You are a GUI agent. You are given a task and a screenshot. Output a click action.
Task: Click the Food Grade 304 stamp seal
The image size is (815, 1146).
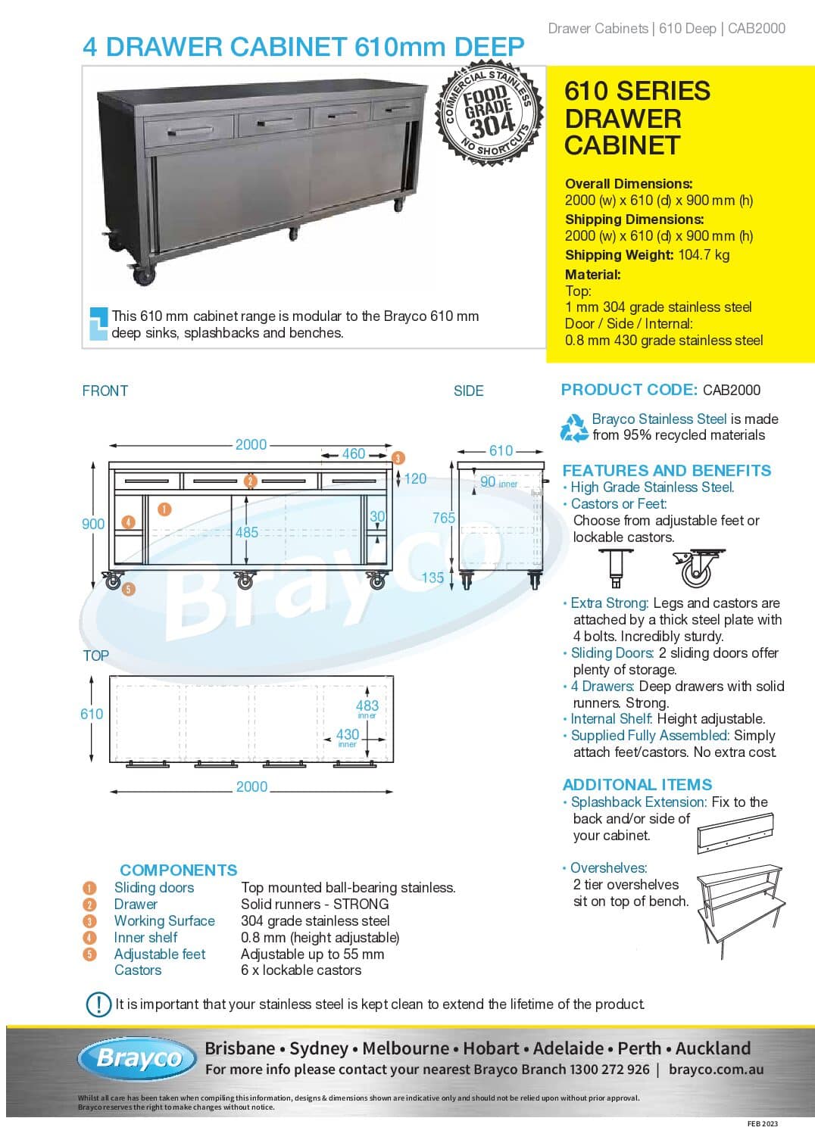(x=489, y=113)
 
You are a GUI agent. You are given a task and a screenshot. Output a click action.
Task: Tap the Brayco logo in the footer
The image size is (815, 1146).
(x=138, y=1057)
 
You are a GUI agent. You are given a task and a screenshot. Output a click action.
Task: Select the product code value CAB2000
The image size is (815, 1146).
(x=731, y=391)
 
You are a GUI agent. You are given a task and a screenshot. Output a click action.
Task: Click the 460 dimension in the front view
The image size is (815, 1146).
(x=353, y=454)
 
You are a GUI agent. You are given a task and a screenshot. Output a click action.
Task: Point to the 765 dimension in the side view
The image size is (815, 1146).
(x=443, y=518)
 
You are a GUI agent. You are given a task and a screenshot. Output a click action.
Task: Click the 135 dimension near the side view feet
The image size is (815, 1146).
(x=432, y=578)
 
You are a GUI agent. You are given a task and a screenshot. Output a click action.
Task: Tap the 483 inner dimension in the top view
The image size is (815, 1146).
(x=367, y=706)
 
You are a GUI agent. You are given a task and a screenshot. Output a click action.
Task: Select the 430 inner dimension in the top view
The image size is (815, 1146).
(x=348, y=734)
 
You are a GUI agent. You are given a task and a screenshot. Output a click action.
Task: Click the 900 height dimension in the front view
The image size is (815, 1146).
(x=93, y=524)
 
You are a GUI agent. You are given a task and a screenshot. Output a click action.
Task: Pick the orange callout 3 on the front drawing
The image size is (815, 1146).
(x=398, y=458)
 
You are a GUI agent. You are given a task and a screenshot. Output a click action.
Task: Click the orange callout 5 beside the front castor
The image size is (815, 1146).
(x=129, y=589)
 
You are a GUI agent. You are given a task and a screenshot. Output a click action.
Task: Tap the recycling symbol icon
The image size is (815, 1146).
(x=574, y=428)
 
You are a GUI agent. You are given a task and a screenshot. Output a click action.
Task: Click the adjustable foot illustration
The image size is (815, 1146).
(x=615, y=568)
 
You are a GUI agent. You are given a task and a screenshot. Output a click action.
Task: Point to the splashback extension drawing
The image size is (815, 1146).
(x=735, y=833)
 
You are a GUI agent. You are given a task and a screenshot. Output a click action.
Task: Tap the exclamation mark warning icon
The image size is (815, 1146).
(x=98, y=1004)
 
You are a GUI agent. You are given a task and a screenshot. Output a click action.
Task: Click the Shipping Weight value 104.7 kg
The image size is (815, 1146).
(x=704, y=255)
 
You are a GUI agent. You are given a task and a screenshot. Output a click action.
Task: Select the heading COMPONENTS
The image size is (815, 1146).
(x=178, y=870)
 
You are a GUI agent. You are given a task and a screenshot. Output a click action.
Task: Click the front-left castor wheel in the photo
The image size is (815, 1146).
(x=143, y=275)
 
